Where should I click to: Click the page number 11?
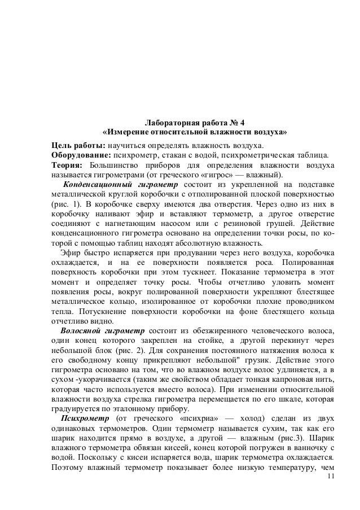[x=330, y=477]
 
